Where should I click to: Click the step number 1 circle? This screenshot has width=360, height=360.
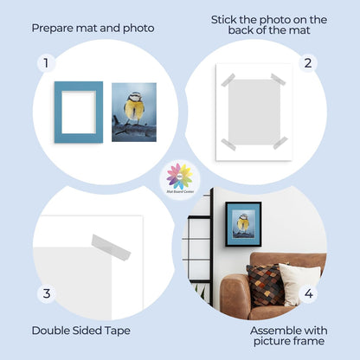coord(46,63)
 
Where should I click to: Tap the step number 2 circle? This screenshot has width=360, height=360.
coord(306,63)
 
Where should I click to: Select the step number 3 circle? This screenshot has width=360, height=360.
coord(46,295)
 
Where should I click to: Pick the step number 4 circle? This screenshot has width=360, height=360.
coord(309,294)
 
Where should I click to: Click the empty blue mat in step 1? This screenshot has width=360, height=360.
coord(79,112)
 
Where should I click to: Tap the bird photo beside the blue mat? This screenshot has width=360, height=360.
coord(134,112)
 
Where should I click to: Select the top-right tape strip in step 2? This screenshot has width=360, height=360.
coord(278,80)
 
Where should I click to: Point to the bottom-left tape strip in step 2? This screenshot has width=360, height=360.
coord(228,144)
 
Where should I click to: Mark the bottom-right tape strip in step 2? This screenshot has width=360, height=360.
coord(280,142)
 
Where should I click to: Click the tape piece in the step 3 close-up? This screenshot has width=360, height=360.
coord(112,246)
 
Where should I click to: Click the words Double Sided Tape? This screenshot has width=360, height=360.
coord(75,330)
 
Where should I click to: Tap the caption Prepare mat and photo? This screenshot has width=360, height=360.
coord(93,28)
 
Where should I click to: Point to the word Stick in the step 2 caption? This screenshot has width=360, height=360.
coord(227,19)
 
